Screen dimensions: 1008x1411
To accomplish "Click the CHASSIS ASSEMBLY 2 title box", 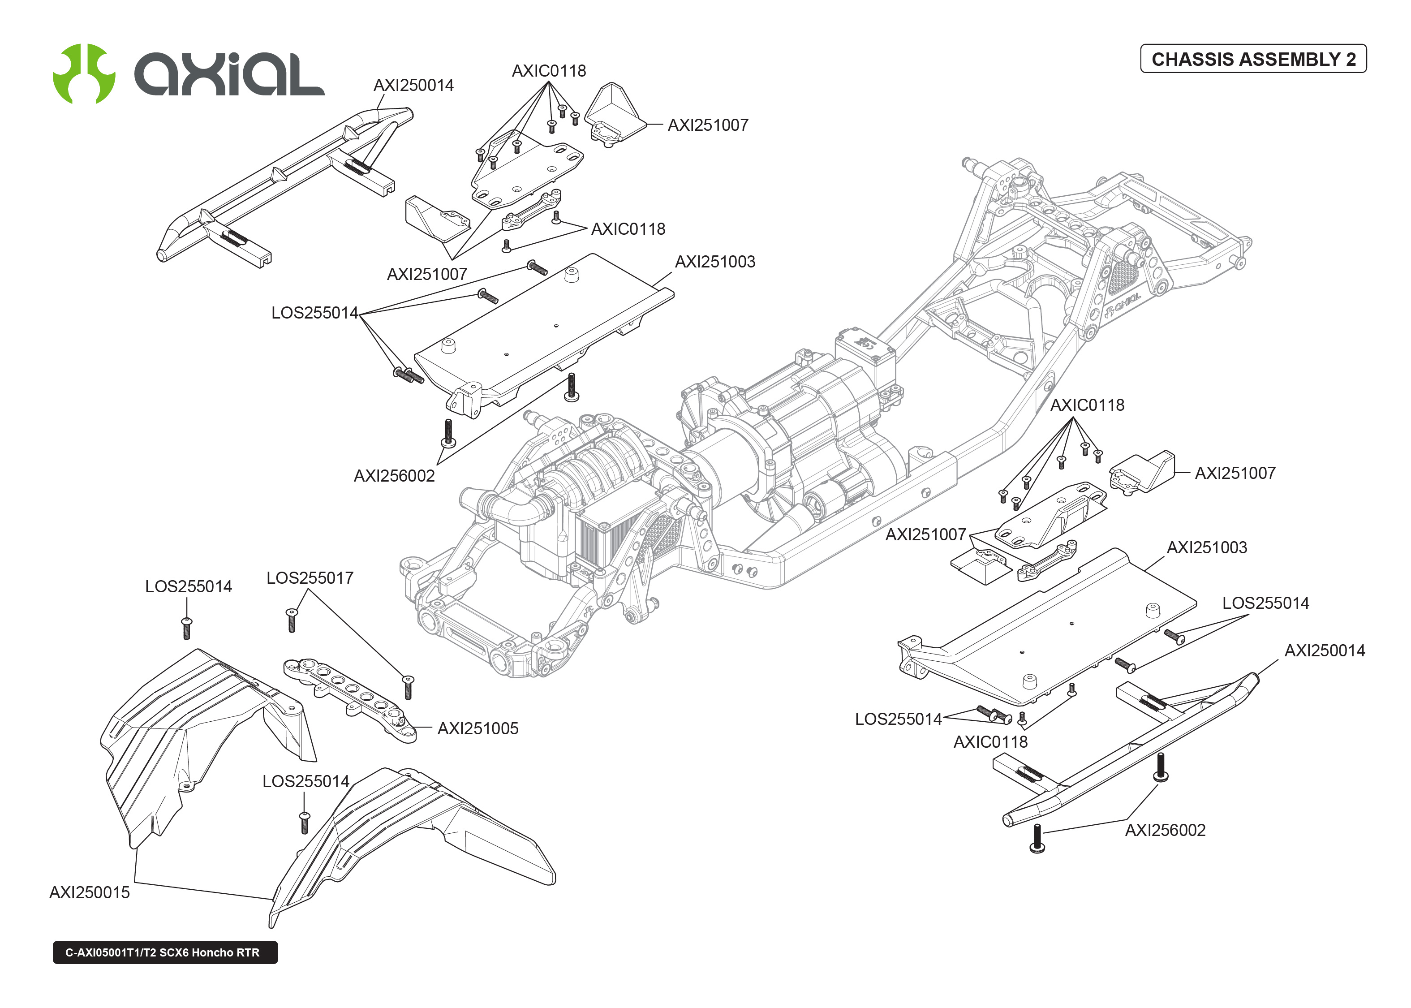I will coord(1253,59).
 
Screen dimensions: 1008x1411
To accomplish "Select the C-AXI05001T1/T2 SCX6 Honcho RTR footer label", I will coord(164,952).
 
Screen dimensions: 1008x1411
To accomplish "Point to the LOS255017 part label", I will coord(310,578).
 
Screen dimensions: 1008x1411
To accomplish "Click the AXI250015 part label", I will coord(89,892).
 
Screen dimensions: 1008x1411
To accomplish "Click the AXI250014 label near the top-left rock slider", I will coord(413,85).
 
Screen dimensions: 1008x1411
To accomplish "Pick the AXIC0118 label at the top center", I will coord(549,71).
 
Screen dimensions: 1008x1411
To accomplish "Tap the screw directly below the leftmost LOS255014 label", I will coord(187,628).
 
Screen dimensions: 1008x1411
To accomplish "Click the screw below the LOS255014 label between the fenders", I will coord(304,823).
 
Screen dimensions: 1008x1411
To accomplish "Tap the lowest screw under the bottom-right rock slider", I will coord(1036,839).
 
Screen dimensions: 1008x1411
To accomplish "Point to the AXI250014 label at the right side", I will coord(1324,650).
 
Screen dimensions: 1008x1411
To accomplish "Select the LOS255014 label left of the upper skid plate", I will coord(314,312).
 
